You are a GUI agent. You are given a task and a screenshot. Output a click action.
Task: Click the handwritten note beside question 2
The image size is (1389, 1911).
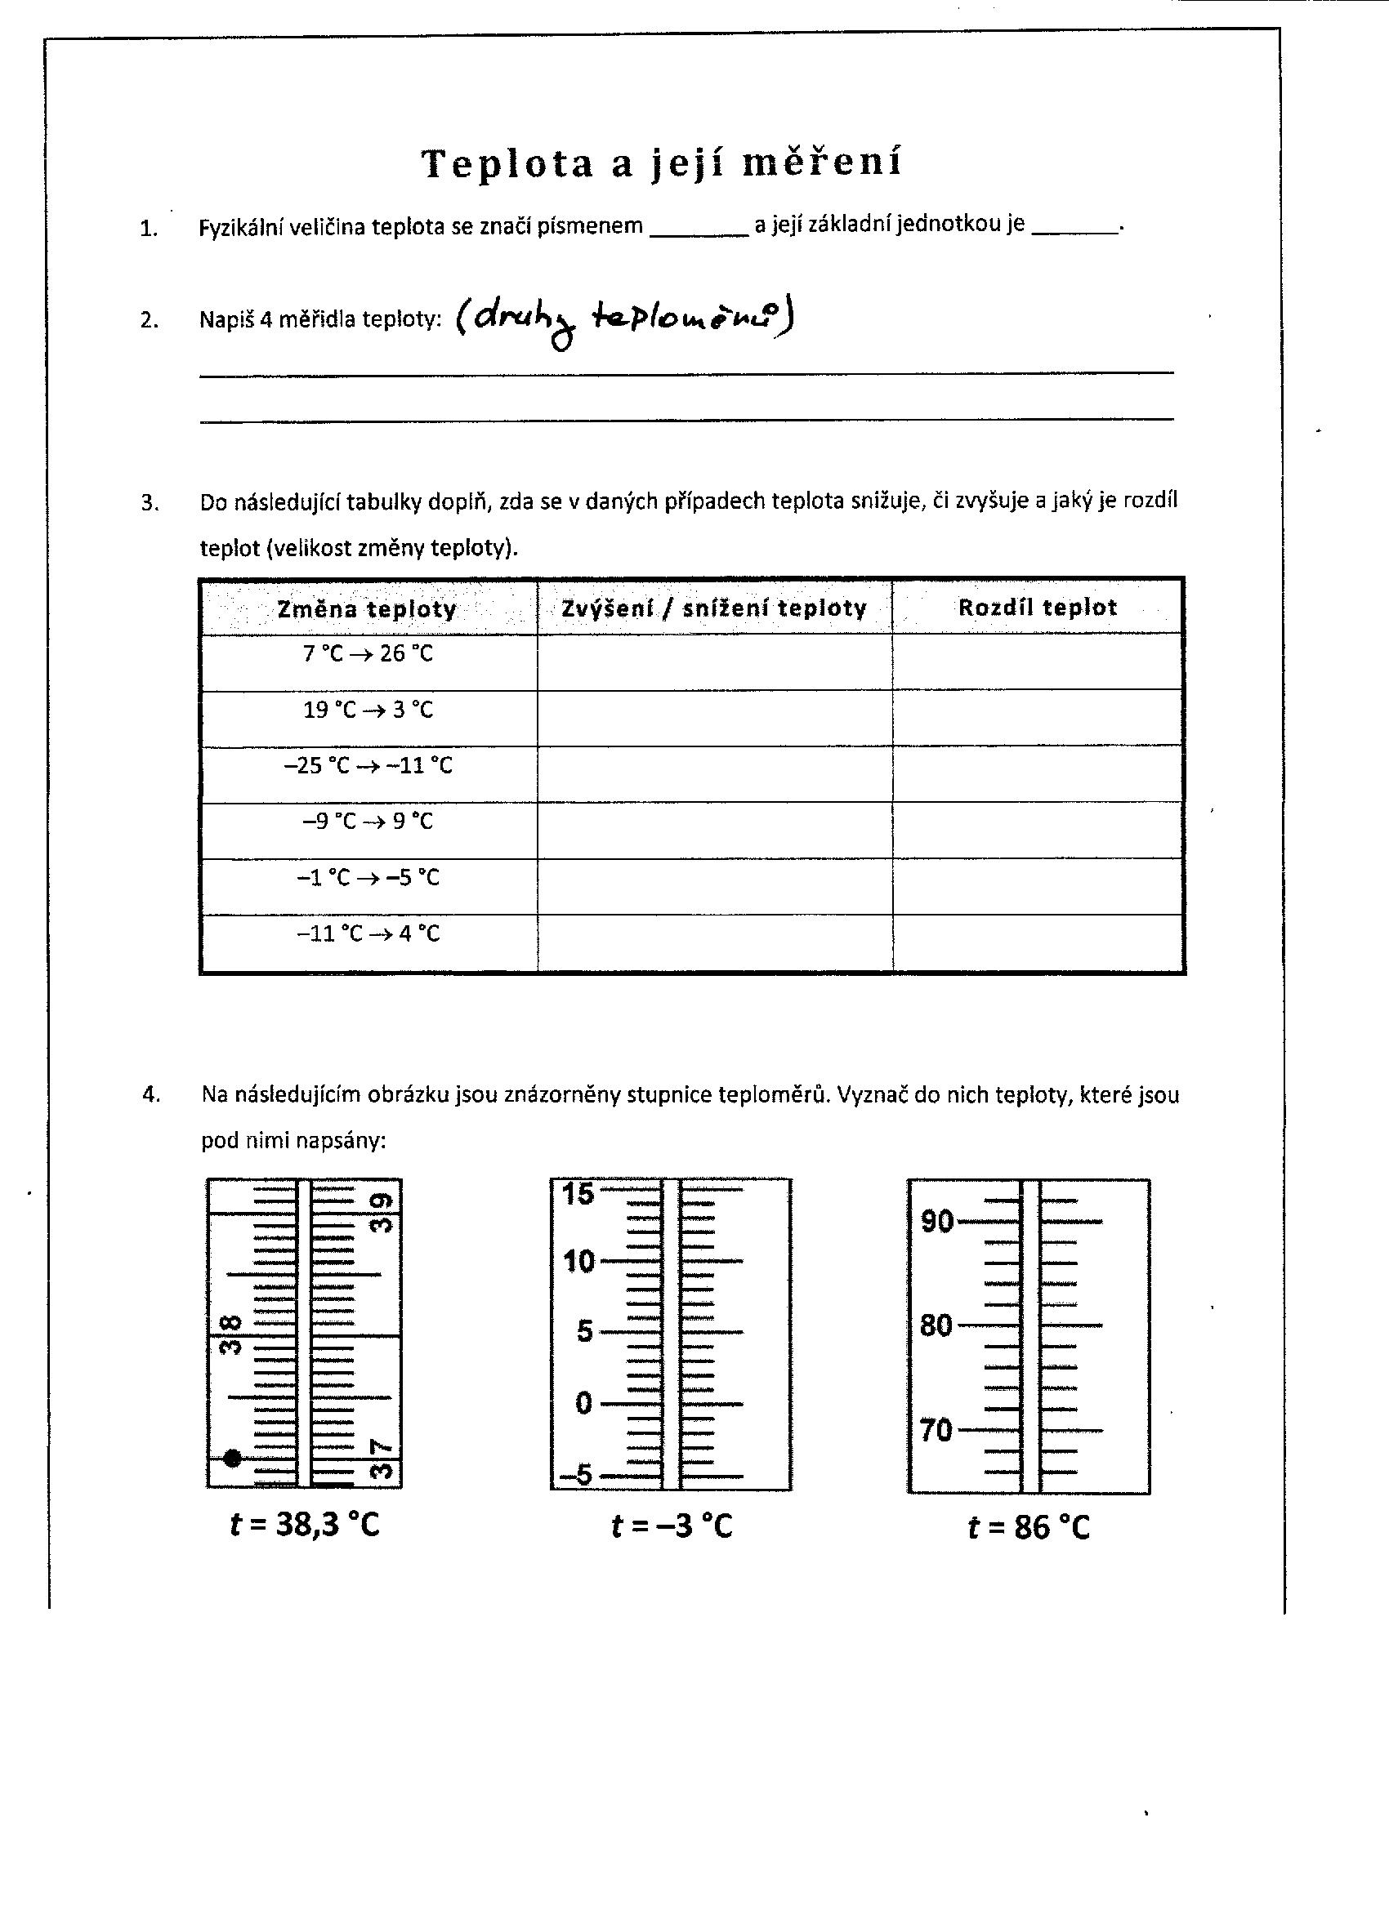623,321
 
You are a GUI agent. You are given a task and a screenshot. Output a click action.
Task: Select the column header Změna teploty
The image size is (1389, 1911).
368,608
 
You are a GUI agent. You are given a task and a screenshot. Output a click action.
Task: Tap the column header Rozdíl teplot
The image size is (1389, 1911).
1038,608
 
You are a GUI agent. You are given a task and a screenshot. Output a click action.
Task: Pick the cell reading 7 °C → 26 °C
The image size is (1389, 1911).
368,654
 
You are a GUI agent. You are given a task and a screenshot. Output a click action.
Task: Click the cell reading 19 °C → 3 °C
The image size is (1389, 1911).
368,710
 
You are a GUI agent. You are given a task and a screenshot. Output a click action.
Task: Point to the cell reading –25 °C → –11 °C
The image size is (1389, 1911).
368,766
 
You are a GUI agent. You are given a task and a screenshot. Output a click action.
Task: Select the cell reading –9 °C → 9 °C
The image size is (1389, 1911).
368,822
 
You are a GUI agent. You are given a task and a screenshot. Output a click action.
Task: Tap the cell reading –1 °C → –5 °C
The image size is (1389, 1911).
368,878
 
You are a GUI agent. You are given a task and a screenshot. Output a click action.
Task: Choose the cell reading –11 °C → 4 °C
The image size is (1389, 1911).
368,933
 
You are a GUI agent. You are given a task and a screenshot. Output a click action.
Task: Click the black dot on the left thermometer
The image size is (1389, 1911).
234,1458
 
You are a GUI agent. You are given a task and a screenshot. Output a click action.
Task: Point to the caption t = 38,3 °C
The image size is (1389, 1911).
305,1524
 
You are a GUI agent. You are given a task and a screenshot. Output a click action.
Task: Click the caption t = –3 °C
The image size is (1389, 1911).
672,1525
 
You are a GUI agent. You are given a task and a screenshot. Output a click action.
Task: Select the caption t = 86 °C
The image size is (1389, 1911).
1029,1527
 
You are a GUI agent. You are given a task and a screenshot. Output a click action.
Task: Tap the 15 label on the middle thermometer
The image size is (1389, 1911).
579,1193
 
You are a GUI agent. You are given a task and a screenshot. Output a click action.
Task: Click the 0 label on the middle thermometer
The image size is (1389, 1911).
584,1404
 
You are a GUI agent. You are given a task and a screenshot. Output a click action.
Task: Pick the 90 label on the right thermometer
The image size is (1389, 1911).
936,1221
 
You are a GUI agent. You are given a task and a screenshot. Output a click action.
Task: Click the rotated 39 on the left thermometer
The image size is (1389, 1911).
382,1214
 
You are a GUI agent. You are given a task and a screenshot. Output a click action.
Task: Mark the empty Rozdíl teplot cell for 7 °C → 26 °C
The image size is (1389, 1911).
1038,662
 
